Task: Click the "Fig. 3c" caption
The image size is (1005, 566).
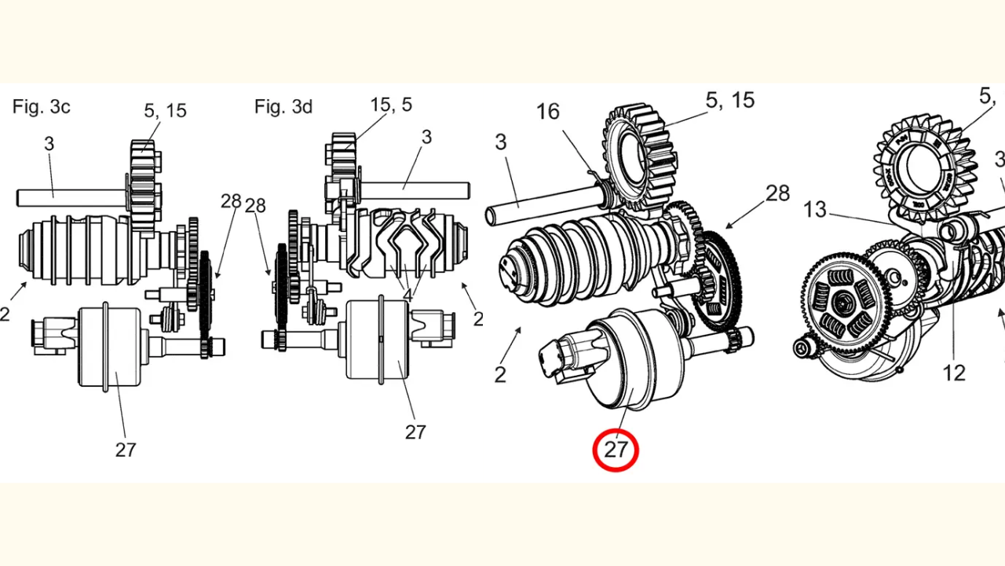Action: coord(41,107)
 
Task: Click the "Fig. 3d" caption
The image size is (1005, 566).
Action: coord(283,107)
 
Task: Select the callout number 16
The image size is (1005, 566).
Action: coord(548,112)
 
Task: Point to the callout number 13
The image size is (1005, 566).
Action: coord(815,209)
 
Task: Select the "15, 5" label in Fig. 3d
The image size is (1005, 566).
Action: coord(391,105)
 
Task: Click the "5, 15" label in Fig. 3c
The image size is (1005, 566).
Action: coord(165,110)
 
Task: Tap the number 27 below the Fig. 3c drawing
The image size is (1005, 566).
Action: coord(126,450)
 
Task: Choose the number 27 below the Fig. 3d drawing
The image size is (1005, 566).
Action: coord(415,432)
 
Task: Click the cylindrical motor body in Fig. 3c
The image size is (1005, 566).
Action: coord(108,346)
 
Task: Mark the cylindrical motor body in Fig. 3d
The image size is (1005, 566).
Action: coord(378,340)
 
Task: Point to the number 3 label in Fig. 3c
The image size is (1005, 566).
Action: coord(49,143)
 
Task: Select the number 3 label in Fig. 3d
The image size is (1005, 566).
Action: coord(426,137)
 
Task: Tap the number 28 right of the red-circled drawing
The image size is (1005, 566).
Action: coord(777,193)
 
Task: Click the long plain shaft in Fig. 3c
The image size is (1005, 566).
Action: coord(71,197)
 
